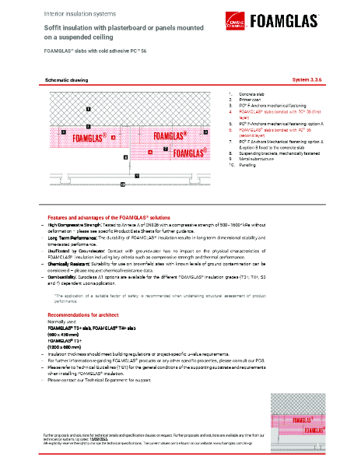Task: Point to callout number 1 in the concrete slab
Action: (x=88, y=109)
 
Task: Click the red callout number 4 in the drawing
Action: (x=114, y=136)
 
